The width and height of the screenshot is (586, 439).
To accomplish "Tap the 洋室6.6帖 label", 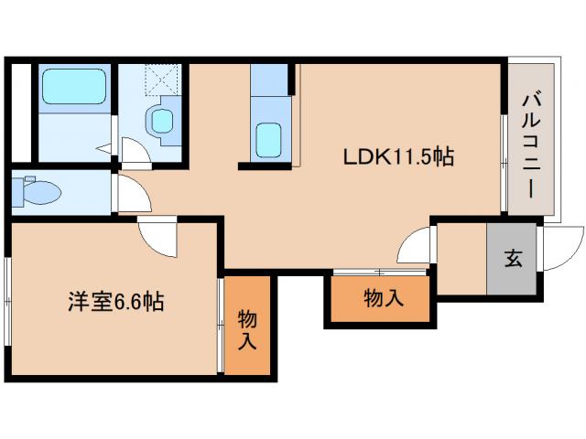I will coord(115,301).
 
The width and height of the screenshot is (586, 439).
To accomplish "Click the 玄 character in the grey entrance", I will coord(512,259).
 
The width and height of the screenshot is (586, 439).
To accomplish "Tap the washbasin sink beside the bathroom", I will coord(163,121).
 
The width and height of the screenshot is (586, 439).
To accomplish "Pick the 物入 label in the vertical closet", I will coord(247,329).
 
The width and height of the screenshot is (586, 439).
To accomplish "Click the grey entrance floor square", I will coord(512,259).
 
